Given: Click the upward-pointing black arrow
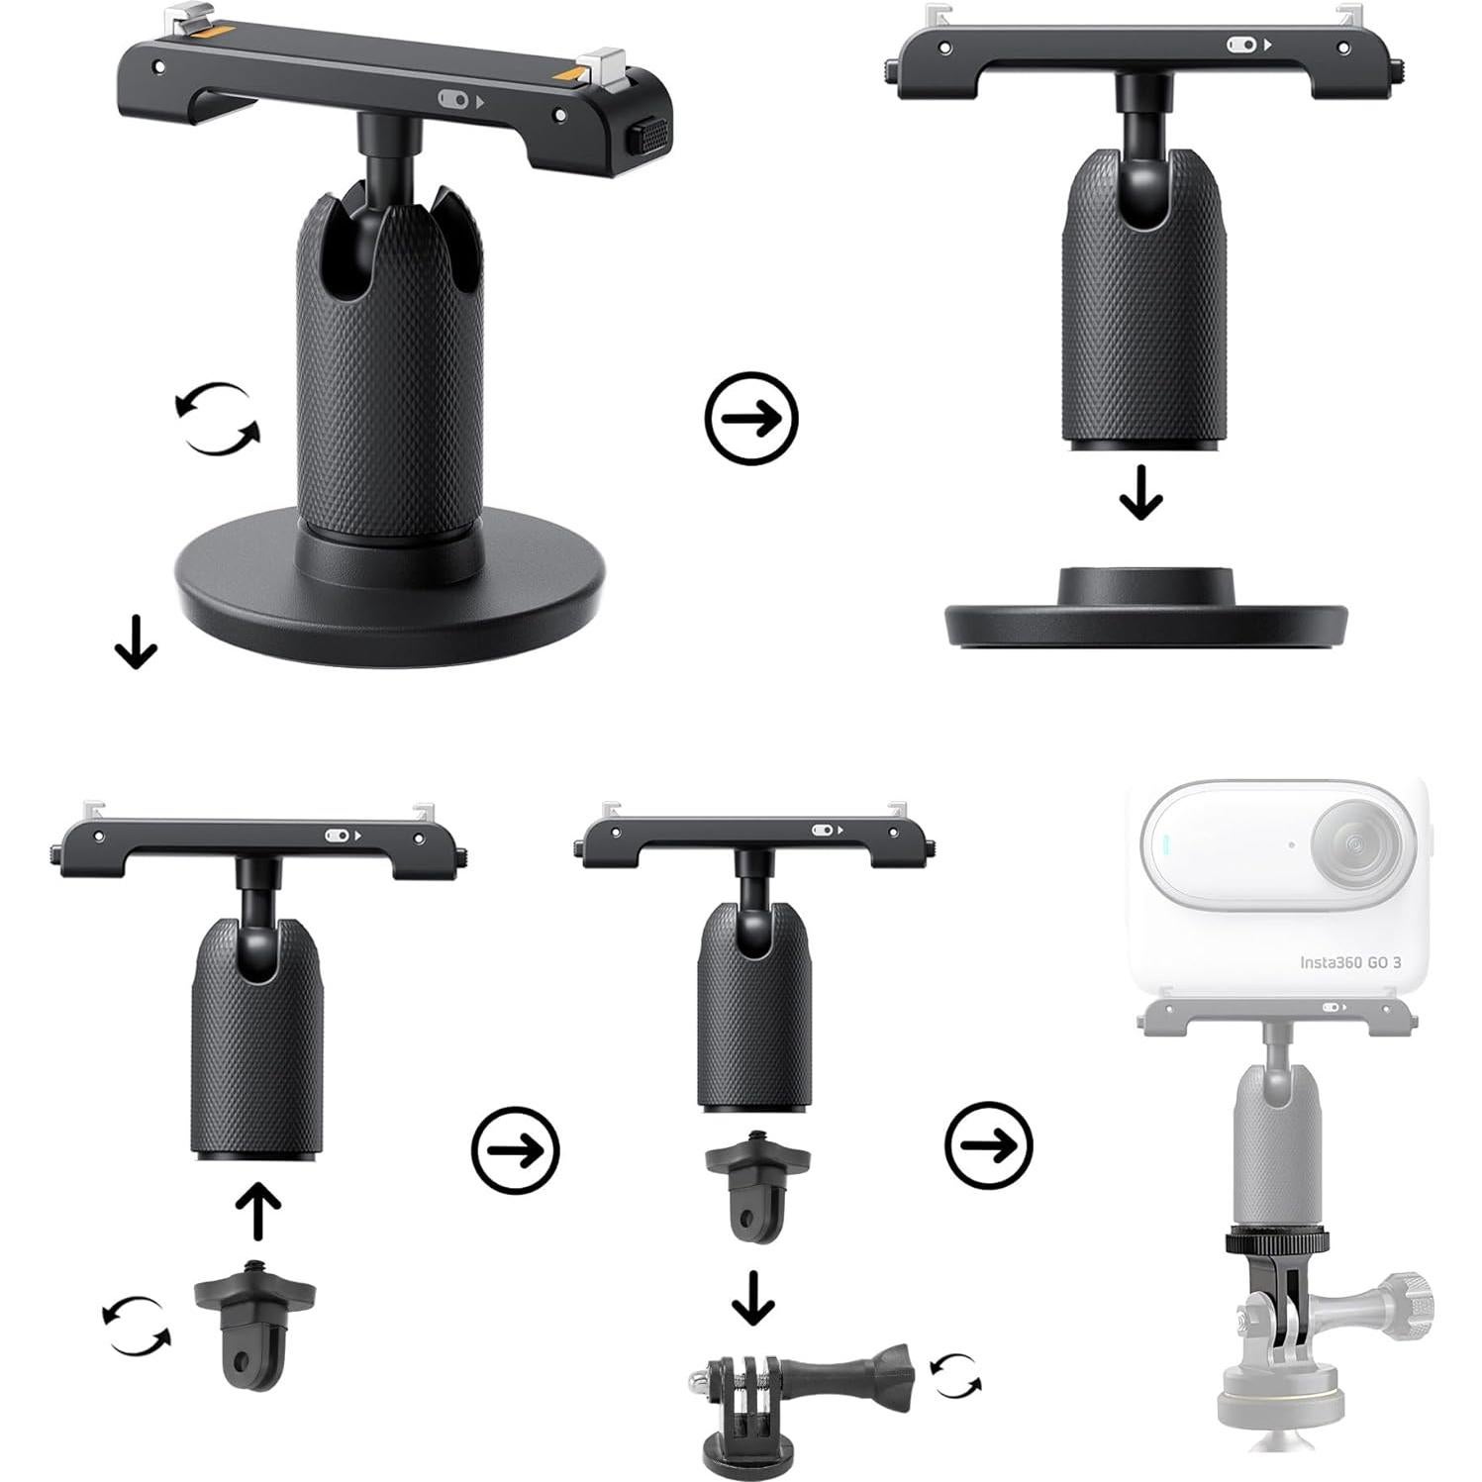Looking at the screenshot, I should (258, 1210).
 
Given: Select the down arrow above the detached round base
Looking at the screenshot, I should (1140, 493).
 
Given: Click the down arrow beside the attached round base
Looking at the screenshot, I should (136, 641).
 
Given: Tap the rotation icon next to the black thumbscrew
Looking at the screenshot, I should (955, 1376).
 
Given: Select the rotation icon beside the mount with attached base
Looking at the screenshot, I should (217, 419).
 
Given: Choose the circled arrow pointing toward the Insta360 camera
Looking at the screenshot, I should (989, 1145).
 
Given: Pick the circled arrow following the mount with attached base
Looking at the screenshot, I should (751, 418).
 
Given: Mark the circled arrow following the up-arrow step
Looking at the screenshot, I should (515, 1150).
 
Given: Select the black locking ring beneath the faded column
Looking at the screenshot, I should (1276, 1241).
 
